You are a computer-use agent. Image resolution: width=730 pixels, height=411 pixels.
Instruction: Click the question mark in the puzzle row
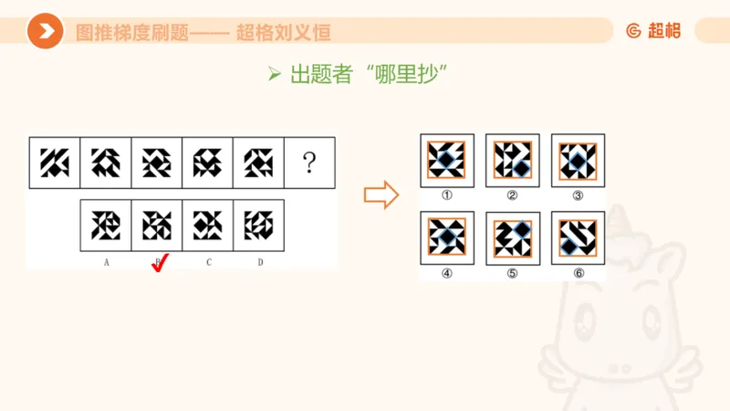[x=310, y=163]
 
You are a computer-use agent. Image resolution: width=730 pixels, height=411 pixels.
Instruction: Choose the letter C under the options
[x=209, y=263]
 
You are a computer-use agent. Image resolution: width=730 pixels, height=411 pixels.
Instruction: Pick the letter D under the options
[x=260, y=263]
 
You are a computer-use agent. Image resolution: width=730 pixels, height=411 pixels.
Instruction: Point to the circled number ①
[x=446, y=195]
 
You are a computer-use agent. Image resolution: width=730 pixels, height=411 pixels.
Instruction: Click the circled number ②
[x=512, y=195]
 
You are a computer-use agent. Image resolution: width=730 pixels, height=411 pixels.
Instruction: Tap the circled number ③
[x=578, y=195]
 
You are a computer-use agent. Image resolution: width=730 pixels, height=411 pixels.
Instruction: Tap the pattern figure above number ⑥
[x=578, y=238]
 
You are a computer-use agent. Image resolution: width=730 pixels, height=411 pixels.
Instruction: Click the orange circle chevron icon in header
[x=44, y=32]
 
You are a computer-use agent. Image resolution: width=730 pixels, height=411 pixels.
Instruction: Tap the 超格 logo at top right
[x=653, y=31]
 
